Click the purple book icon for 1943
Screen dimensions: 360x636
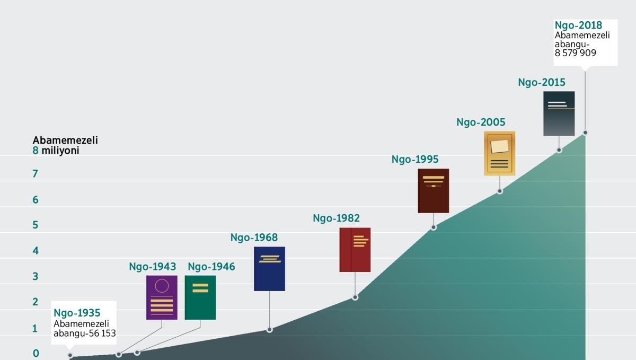(162, 297)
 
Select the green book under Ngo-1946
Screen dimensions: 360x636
(200, 297)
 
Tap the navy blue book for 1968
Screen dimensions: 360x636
(269, 269)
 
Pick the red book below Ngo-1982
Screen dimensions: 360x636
(355, 250)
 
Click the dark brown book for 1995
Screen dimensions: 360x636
(433, 191)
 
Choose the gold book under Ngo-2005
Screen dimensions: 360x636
(499, 153)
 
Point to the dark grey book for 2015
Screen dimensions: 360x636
(559, 113)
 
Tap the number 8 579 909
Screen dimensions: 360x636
(576, 53)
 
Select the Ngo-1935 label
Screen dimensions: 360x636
(77, 313)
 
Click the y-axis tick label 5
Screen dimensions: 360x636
(36, 225)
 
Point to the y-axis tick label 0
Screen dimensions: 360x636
(36, 354)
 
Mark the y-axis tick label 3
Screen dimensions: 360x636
(36, 276)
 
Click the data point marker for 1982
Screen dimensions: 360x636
(355, 297)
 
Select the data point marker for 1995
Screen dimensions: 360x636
(434, 227)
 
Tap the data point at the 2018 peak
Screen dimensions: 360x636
(585, 133)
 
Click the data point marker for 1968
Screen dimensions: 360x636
(269, 330)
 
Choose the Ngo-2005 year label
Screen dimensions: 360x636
(481, 122)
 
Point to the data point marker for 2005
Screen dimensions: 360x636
(500, 191)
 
